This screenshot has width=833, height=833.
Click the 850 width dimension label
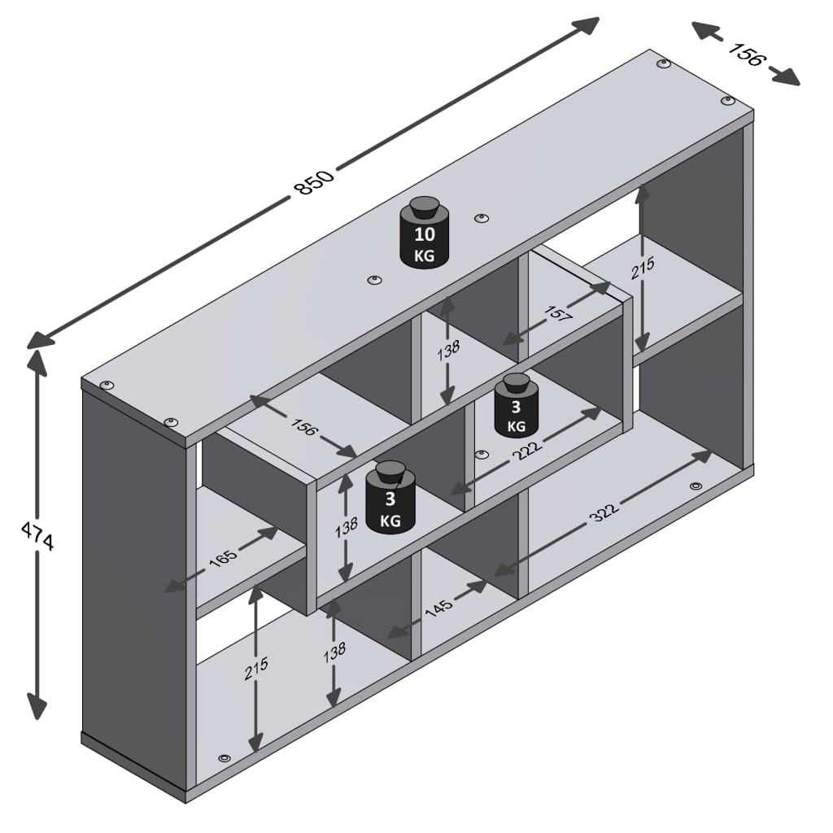[314, 183]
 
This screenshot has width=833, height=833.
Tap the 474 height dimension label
[37, 537]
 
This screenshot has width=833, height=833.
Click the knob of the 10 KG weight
[424, 207]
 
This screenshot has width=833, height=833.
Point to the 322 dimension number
[605, 512]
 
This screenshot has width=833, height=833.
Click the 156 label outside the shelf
[746, 55]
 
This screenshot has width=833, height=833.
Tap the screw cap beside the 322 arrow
[695, 486]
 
